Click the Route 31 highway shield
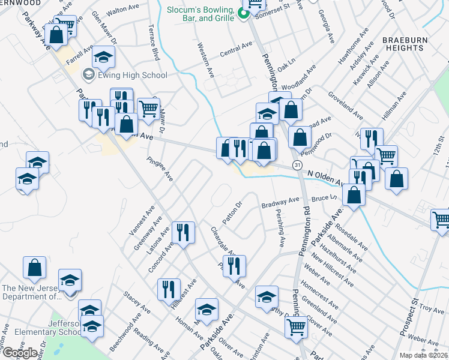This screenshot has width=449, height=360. pyautogui.click(x=297, y=164)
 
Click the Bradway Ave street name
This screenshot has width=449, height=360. pyautogui.click(x=280, y=204)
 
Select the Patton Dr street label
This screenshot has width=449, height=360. pyautogui.click(x=232, y=213)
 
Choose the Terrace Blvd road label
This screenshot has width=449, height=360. pyautogui.click(x=155, y=44)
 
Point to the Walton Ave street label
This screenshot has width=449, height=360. pyautogui.click(x=122, y=11)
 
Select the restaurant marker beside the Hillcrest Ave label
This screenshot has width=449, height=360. pyautogui.click(x=169, y=289)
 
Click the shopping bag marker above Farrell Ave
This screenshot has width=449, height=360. pyautogui.click(x=56, y=34)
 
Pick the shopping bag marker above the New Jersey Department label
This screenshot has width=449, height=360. pyautogui.click(x=35, y=268)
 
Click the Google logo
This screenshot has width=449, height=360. pyautogui.click(x=19, y=353)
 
